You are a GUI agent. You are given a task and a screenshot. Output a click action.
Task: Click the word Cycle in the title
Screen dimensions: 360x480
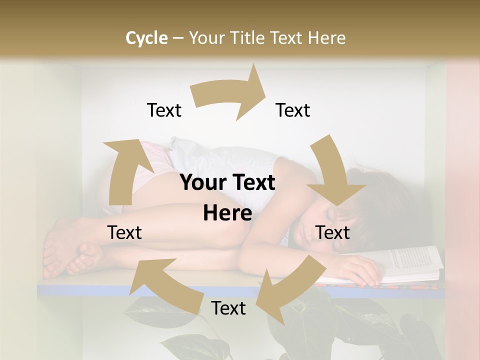[146, 38]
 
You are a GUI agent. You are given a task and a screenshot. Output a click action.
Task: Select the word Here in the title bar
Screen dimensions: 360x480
[327, 38]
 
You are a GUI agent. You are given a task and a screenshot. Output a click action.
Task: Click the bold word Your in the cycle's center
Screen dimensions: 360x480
[202, 183]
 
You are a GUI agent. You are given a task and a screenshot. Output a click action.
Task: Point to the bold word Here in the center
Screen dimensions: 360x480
[227, 213]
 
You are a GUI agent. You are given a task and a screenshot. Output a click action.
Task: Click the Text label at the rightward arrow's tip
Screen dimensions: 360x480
[293, 110]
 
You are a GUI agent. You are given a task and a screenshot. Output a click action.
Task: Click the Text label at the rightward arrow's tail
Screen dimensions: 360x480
[164, 110]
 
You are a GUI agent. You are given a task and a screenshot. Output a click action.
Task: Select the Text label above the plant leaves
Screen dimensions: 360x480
[228, 308]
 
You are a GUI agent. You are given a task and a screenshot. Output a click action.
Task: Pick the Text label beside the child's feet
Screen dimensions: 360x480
[124, 232]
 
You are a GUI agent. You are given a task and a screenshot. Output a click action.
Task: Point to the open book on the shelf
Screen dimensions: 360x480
[410, 262]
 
